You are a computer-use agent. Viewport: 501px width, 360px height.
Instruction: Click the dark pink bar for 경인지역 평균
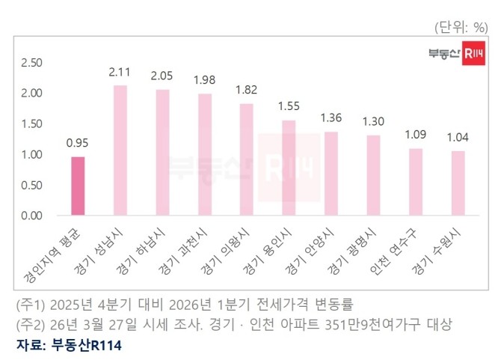[78, 186]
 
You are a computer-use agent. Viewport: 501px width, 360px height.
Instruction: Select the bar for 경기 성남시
[120, 150]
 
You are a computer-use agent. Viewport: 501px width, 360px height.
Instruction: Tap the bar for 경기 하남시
[162, 153]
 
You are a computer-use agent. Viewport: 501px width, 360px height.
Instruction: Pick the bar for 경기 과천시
[204, 155]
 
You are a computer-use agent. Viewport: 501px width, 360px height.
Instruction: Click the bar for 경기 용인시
[289, 168]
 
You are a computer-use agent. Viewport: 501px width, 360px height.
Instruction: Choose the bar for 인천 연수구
[415, 182]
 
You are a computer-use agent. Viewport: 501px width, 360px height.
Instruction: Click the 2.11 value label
[120, 73]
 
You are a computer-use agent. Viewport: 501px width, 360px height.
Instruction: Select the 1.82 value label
[246, 90]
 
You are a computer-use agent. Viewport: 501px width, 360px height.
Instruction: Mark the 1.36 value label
[331, 118]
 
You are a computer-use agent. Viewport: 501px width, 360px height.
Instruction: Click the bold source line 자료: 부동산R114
[68, 345]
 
